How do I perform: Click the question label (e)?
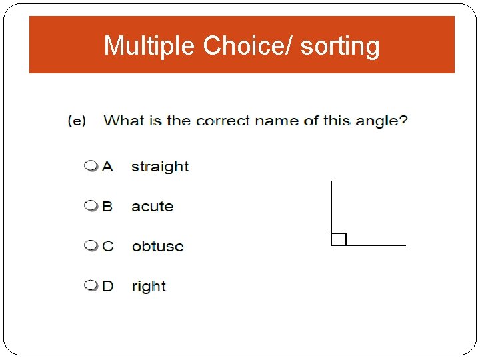(77, 121)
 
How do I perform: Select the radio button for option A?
(90, 166)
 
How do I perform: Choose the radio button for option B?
(90, 206)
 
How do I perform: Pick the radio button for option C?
(90, 246)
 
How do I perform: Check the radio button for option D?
(90, 286)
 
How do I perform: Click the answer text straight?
(160, 167)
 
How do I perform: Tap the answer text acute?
(152, 207)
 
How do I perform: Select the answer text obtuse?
(157, 247)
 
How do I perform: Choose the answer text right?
(149, 287)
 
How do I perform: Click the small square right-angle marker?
(339, 239)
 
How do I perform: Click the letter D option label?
(107, 286)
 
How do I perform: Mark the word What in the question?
(124, 121)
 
